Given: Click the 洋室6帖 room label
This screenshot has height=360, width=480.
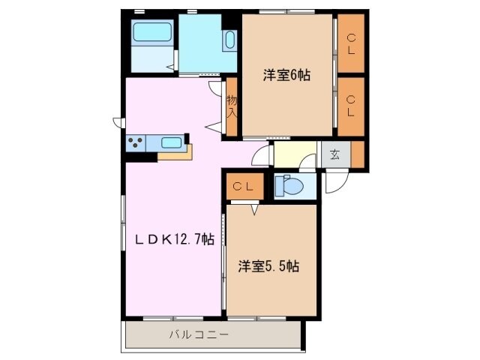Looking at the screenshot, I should pos(286,75).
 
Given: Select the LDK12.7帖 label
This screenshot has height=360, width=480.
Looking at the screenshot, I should pos(175,240).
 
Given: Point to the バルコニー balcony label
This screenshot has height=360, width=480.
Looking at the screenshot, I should pos(198,334).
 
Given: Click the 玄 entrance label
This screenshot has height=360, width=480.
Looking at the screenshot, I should pos(334,155).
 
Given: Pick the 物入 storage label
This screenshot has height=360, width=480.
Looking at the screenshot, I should pos(232,106).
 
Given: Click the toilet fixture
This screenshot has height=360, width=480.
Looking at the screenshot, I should pos(290,184).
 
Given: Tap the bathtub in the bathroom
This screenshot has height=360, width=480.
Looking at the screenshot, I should pos(152,33).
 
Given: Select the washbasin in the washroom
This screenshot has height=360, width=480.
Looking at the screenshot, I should pos(229,40).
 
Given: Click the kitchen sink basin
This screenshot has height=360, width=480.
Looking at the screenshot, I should pos(171,142).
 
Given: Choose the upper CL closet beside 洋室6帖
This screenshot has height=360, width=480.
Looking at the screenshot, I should pos(350,44).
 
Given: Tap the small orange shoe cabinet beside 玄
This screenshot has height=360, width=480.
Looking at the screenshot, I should pos(357,154).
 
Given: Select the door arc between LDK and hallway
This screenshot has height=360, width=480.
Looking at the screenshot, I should pos(260,156).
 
